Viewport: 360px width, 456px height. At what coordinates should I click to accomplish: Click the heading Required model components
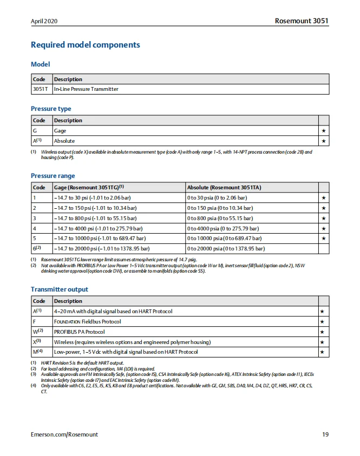point(86,45)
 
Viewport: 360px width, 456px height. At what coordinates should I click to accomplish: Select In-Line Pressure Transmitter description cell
point(86,89)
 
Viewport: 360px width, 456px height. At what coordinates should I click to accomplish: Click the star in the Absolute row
point(323,141)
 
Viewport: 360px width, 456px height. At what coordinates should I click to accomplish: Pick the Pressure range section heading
point(53,176)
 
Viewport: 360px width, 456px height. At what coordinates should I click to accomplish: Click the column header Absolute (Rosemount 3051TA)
point(224,187)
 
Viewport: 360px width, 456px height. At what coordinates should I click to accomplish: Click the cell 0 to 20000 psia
point(226,248)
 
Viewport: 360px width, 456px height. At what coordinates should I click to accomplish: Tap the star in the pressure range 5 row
point(323,239)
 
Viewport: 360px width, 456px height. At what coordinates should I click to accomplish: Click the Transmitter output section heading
point(60,289)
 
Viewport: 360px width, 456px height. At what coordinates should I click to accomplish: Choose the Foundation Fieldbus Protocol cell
point(87,322)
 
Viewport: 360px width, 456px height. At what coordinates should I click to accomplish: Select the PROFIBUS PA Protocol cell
point(79,332)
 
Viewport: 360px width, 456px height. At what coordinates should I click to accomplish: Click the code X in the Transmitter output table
point(36,342)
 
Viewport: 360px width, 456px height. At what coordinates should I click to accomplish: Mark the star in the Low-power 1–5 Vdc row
point(323,352)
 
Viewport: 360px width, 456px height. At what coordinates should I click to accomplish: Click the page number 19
point(325,434)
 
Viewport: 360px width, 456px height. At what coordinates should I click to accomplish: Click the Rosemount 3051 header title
point(302,21)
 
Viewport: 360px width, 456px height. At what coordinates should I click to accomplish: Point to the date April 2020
point(44,21)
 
